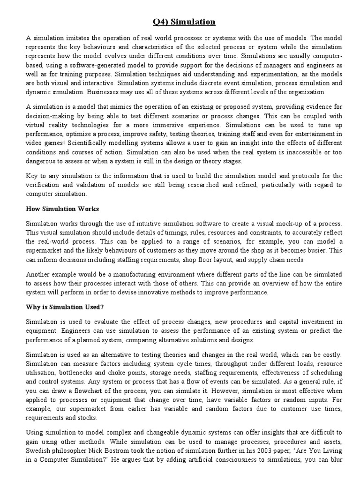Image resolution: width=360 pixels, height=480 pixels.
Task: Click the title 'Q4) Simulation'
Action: [184, 22]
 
